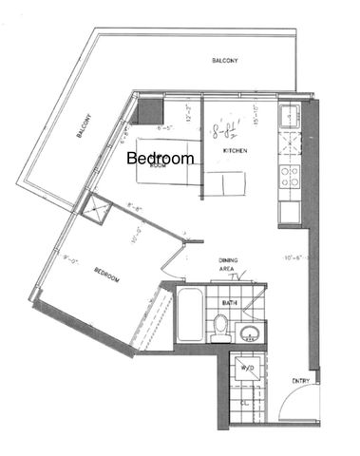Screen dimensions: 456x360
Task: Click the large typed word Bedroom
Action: click(x=161, y=158)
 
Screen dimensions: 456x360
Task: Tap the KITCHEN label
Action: click(x=236, y=152)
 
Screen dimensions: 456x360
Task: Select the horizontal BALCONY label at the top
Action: click(x=224, y=61)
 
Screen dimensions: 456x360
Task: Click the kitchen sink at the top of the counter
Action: click(x=288, y=119)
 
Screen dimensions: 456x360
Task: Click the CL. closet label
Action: click(x=245, y=403)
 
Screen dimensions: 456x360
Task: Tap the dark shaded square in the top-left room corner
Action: click(x=148, y=110)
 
